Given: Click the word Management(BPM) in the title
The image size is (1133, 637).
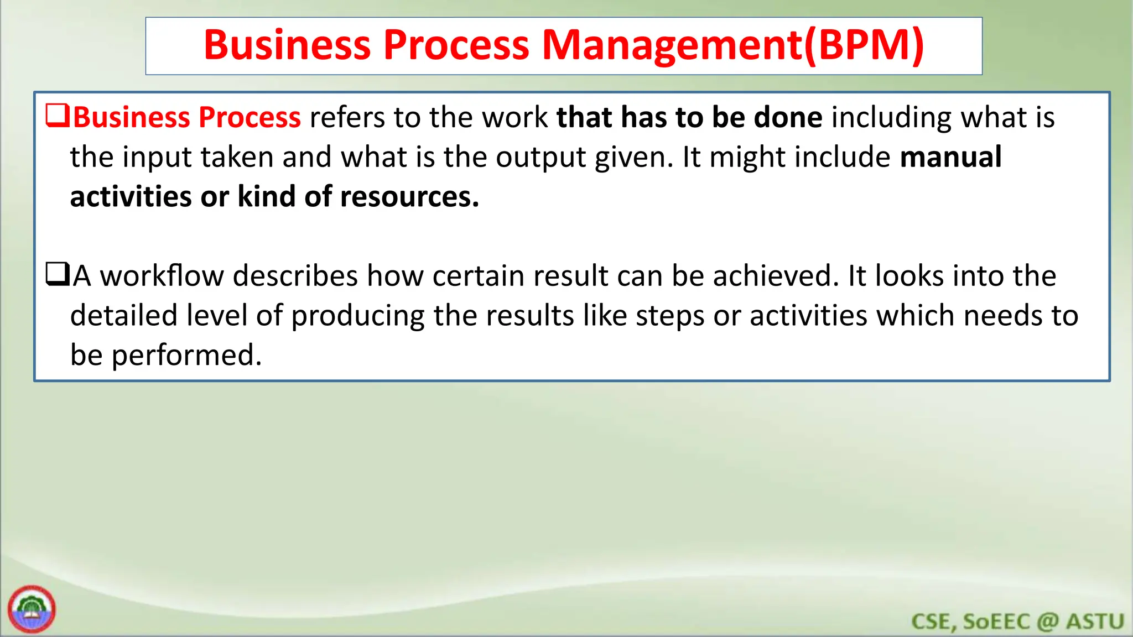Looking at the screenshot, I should click(x=733, y=45).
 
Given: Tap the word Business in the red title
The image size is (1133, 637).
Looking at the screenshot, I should click(x=287, y=45).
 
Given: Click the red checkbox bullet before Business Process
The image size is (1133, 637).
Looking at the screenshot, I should click(x=57, y=116).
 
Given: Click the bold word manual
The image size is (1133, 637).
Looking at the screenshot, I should click(x=950, y=157).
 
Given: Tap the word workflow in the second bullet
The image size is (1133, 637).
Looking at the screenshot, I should click(x=162, y=276).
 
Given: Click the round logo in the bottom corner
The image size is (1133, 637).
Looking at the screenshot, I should click(x=32, y=609).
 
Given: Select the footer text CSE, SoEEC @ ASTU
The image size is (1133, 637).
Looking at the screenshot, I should click(x=1017, y=621).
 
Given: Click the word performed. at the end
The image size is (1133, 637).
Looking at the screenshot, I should click(x=186, y=356).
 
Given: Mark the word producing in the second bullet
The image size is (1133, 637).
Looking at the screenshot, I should click(x=357, y=316).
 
